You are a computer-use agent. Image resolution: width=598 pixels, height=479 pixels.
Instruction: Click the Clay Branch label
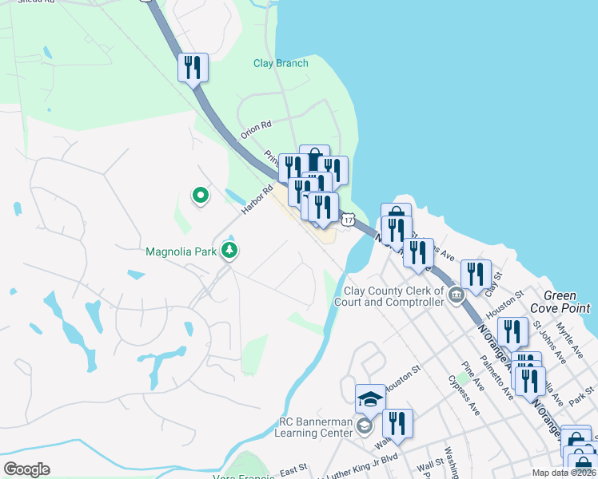281,63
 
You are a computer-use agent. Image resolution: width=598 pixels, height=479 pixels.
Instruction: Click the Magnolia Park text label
182,251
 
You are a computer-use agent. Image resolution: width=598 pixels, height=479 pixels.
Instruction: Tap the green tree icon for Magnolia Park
230,251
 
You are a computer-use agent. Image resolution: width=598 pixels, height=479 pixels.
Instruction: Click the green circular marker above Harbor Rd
200,194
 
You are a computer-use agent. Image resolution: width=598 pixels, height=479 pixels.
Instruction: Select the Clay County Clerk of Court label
394,297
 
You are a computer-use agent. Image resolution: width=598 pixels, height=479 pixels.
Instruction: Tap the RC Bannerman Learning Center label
315,427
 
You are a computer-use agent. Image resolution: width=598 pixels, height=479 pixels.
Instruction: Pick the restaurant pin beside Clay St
476,274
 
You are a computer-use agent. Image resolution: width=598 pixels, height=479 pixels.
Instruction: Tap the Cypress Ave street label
464,395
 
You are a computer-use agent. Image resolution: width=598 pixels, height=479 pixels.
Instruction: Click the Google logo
26,469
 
